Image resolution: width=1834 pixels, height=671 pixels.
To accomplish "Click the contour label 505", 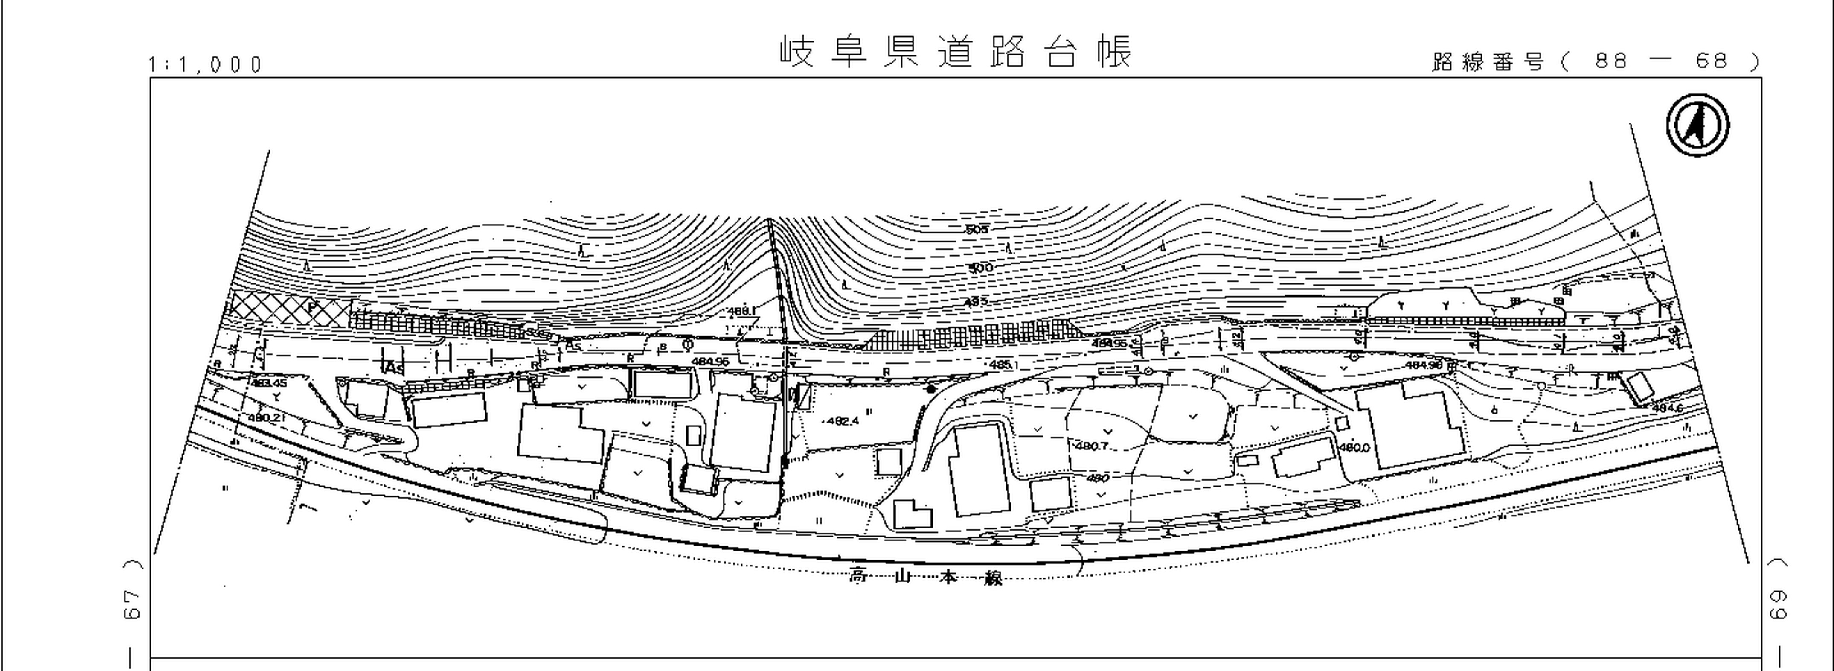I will pos(977,229).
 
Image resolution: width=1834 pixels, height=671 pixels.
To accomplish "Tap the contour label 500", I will pos(980,268).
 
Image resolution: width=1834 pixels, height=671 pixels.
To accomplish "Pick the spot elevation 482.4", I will pos(843,421).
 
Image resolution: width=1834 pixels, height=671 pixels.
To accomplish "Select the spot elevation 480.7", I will pos(1091,446).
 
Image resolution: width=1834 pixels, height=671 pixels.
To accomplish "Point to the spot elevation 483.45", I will pos(268,383).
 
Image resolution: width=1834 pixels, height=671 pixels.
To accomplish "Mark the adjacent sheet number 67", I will pos(132,604).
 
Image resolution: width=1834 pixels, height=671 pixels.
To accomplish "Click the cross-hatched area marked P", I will pos(288,309).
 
